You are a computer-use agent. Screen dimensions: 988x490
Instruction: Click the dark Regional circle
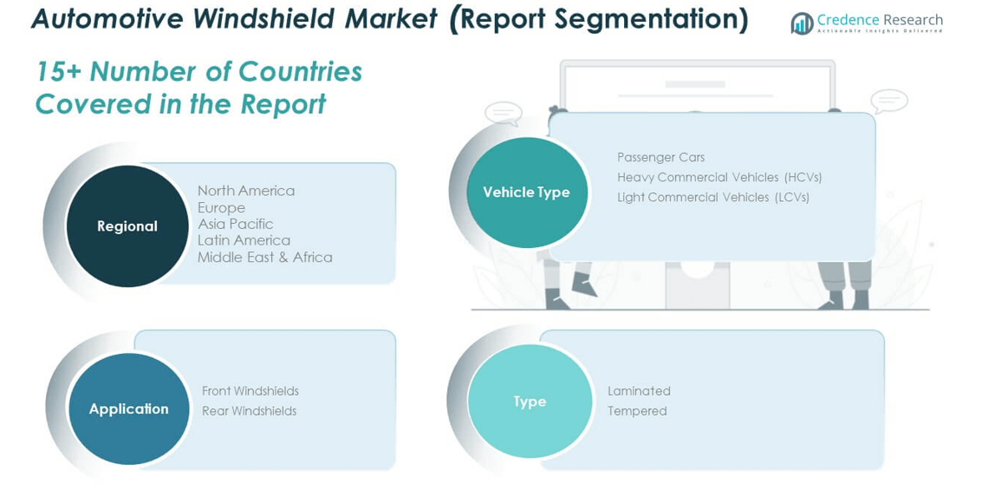[127, 225]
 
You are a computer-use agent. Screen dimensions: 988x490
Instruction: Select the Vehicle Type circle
[526, 193]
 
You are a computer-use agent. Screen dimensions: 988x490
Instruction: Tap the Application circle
[128, 408]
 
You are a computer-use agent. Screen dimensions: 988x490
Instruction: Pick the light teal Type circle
[530, 401]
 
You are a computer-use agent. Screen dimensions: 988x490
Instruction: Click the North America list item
[246, 191]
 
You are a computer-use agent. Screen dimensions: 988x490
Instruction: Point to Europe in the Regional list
[221, 207]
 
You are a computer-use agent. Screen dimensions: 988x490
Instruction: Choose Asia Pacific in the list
[235, 224]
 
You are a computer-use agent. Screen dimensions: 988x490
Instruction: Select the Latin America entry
[244, 240]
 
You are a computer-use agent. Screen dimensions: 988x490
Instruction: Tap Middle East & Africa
[264, 257]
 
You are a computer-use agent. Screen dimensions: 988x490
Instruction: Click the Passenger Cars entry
[661, 157]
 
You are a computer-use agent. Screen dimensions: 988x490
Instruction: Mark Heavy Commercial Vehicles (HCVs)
[719, 177]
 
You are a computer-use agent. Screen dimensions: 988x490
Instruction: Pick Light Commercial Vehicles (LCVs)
[713, 198]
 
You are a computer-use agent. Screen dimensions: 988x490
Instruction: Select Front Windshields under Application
[250, 391]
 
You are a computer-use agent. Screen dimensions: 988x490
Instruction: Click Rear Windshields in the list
[249, 411]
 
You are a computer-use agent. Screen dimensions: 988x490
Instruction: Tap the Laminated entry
[639, 391]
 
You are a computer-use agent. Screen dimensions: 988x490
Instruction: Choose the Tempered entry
[637, 411]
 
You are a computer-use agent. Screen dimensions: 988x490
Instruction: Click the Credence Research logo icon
[802, 23]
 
